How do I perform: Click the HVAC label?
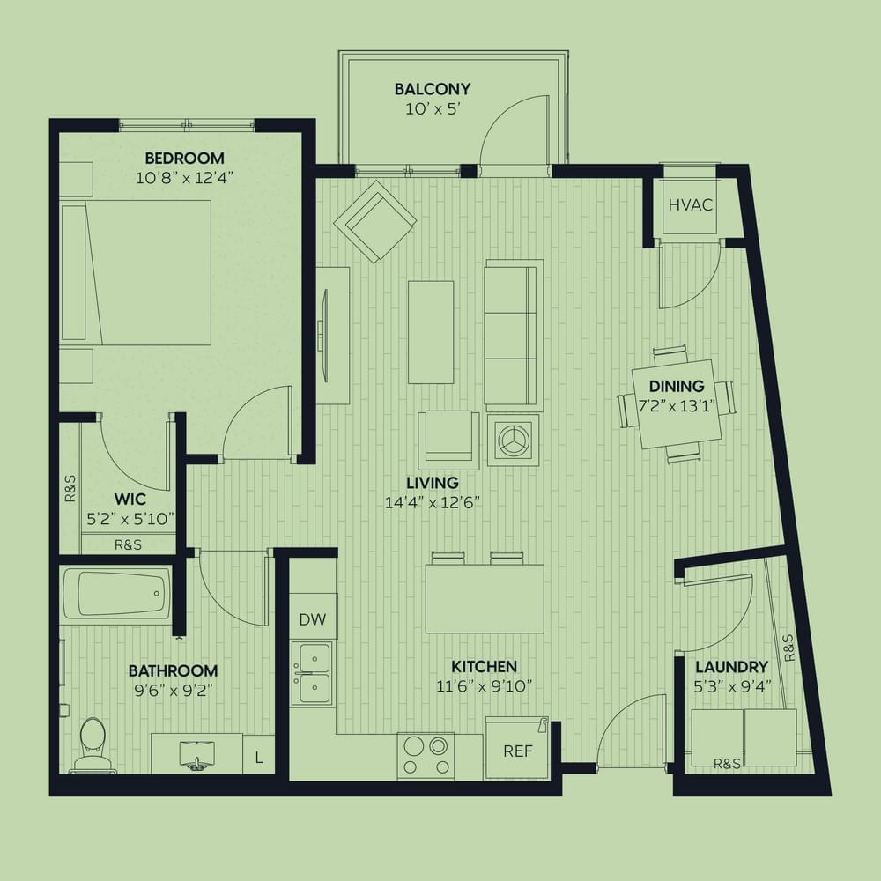coord(691,205)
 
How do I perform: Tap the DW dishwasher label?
coord(313,619)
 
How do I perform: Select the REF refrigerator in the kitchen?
coord(517,748)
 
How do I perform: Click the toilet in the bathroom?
coord(93,744)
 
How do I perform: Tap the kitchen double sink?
coord(313,674)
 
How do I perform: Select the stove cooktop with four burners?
coord(426,756)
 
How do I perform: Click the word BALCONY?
coord(432,89)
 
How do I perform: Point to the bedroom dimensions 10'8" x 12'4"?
coord(184,178)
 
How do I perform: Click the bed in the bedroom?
coord(136,272)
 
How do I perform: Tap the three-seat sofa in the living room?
coord(514,335)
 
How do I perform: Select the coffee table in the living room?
coord(431,332)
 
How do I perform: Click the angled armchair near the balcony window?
coord(374,221)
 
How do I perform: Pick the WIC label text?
coord(130,499)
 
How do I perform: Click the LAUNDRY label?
coord(731,667)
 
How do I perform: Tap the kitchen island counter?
coord(485,599)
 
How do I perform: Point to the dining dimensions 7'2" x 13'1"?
coord(677,405)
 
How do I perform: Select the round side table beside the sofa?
coord(513,440)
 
